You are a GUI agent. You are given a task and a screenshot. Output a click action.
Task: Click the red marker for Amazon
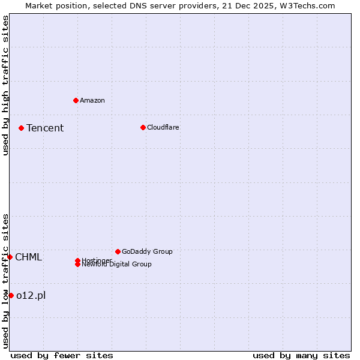76,100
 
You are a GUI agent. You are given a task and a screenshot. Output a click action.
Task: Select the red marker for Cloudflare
143,127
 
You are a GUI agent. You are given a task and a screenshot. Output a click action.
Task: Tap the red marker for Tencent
21,128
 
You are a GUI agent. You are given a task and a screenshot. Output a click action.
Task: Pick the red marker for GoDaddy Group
118,251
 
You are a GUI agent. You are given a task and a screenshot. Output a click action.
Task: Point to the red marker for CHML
10,257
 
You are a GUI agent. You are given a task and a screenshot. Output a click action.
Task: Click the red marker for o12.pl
11,295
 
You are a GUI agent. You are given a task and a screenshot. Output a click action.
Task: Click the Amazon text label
92,100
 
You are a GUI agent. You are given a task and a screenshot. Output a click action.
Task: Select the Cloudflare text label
163,127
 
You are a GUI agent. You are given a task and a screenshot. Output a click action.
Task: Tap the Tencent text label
45,128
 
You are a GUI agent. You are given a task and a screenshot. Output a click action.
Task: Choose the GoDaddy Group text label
147,251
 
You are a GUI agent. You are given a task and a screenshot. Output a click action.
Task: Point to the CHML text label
29,257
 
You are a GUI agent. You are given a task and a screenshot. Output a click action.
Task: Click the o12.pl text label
31,295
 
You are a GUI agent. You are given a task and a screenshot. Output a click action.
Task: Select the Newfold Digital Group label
117,264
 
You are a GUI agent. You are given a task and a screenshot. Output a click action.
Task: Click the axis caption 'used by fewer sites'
62,355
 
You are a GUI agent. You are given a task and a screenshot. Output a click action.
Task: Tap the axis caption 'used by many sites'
301,355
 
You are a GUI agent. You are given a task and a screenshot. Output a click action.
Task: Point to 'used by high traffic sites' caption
5,85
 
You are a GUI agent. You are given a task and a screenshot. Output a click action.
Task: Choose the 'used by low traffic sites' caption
5,281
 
